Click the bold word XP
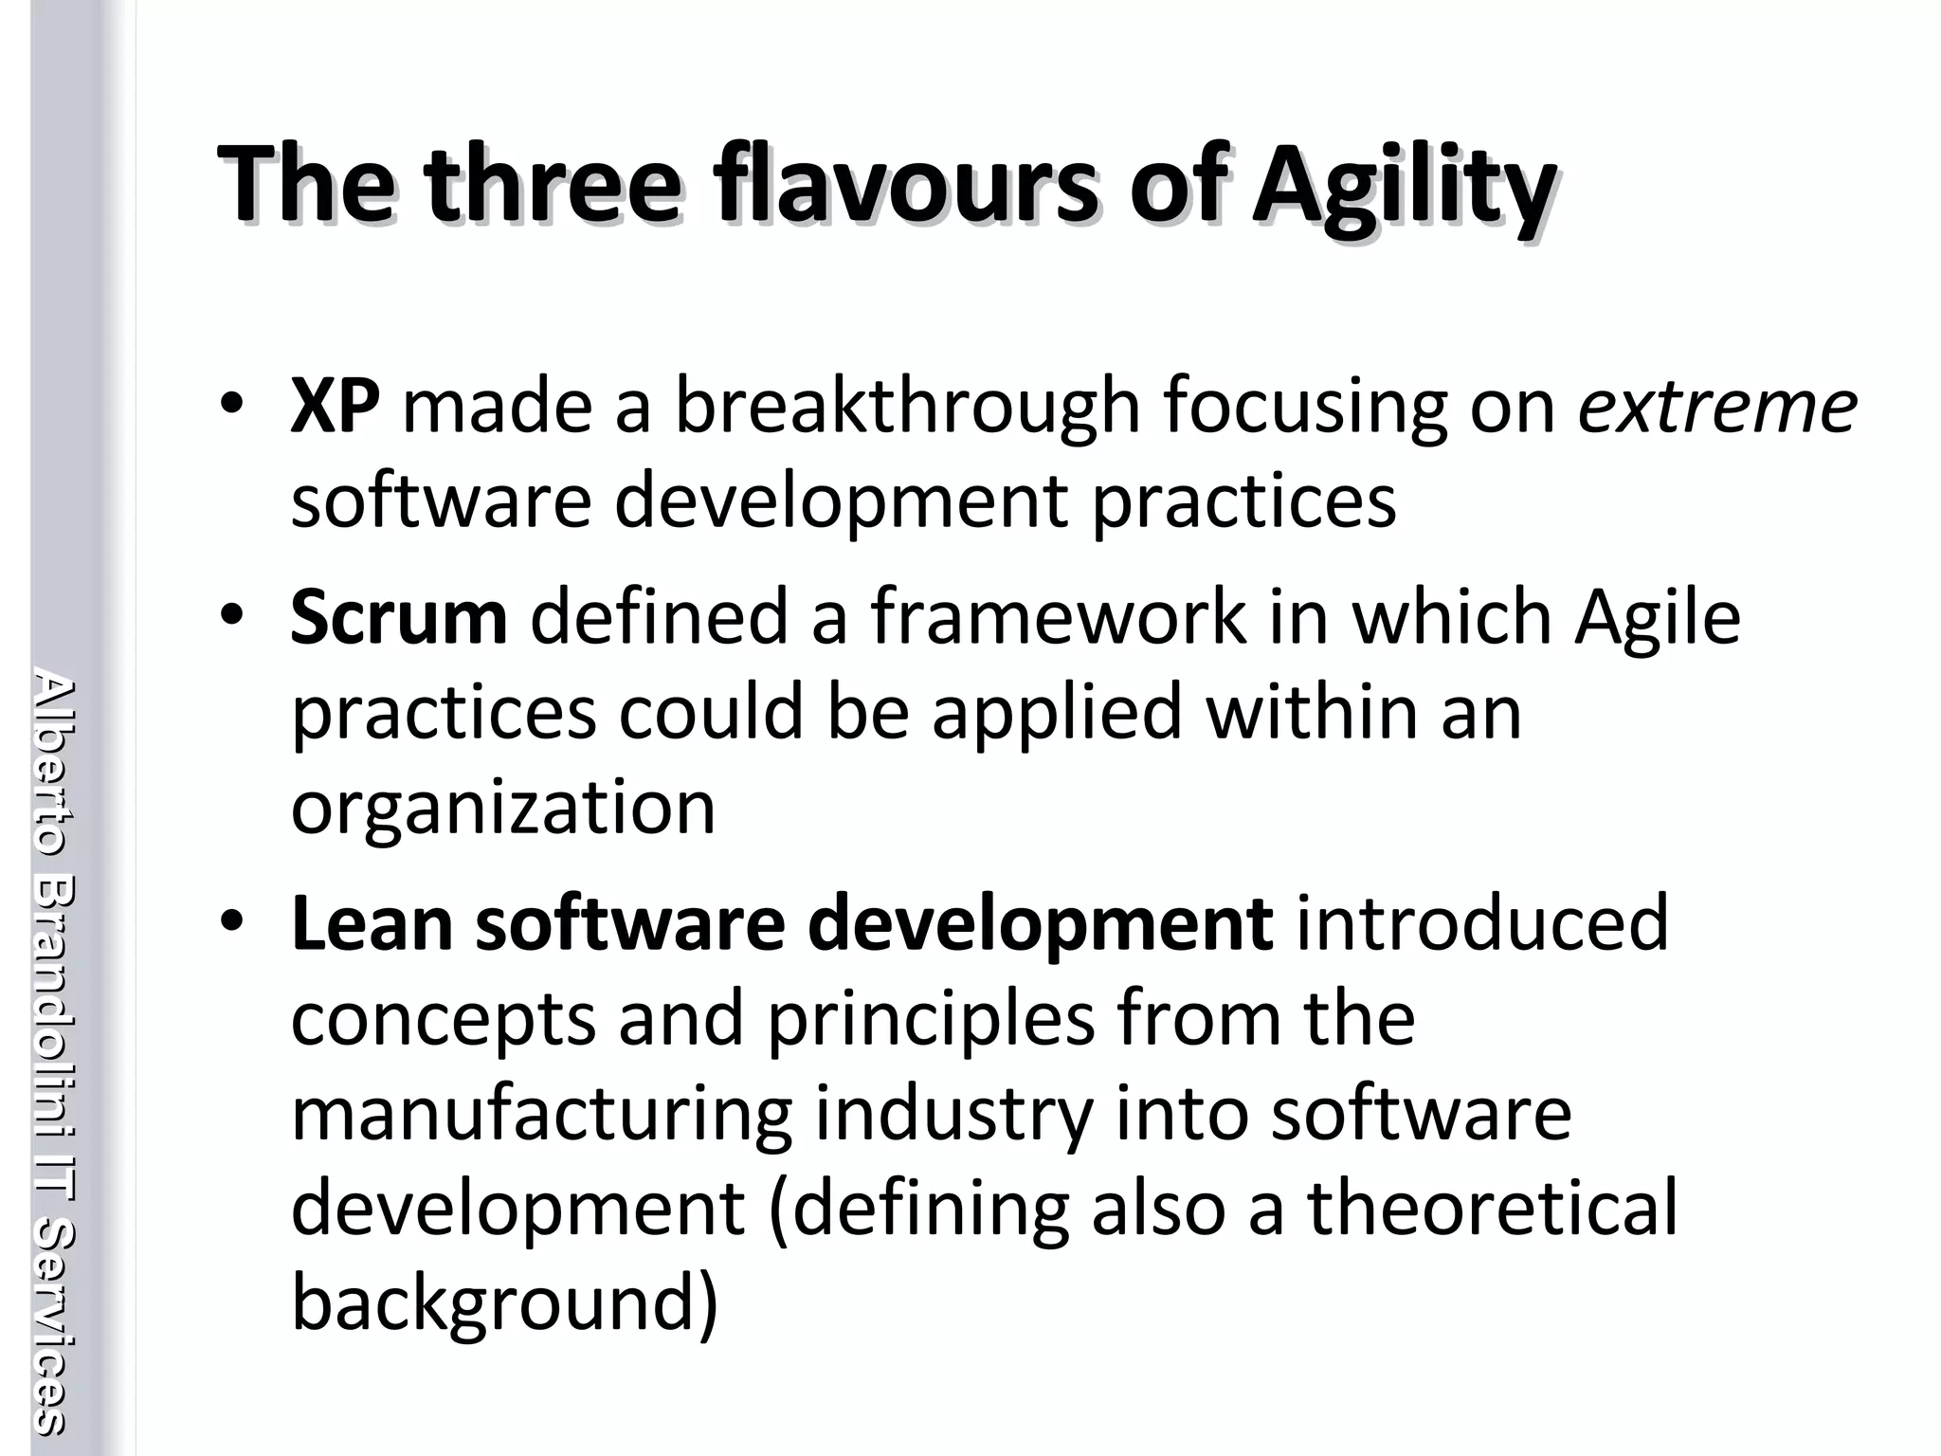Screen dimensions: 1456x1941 (335, 407)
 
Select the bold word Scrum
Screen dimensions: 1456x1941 (398, 618)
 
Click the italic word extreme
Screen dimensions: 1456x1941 (1716, 407)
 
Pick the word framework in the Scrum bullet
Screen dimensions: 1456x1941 (1059, 618)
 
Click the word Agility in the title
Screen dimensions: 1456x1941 (1404, 185)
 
